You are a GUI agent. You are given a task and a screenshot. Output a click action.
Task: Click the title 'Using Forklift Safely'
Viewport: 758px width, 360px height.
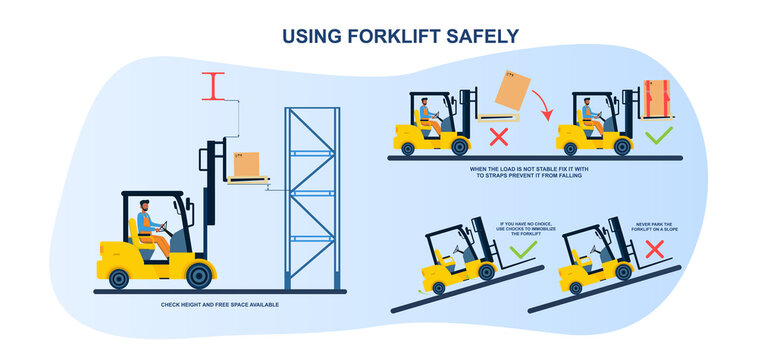[400, 36]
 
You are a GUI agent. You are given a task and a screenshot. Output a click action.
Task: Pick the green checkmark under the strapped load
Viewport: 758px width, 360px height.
[657, 134]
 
